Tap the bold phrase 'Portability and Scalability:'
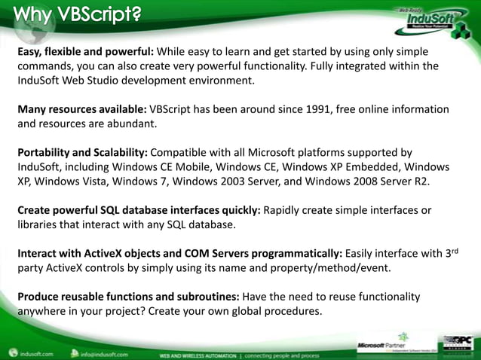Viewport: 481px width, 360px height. click(x=87, y=152)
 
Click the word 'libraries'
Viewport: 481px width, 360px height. click(x=41, y=224)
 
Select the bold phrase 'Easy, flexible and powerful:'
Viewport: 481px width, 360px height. click(x=85, y=52)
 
